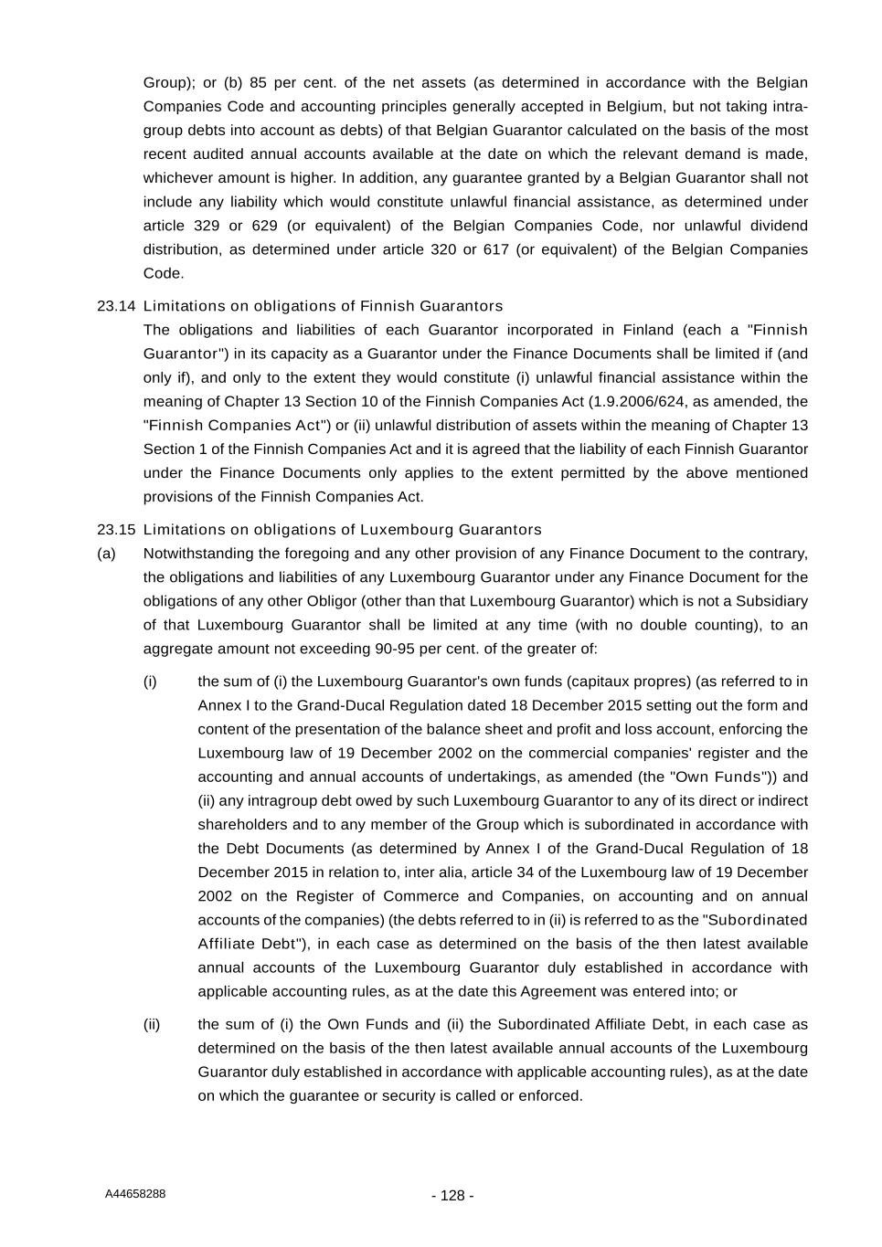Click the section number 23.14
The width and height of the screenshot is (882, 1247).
coord(116,306)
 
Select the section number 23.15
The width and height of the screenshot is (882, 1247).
coord(116,530)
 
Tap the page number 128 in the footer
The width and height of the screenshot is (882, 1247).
coord(452,1196)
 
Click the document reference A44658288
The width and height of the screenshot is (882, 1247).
coord(135,1194)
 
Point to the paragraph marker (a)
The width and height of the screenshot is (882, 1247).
coord(107,554)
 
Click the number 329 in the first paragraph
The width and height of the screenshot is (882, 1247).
coord(207,226)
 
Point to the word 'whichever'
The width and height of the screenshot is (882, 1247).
coord(176,178)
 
